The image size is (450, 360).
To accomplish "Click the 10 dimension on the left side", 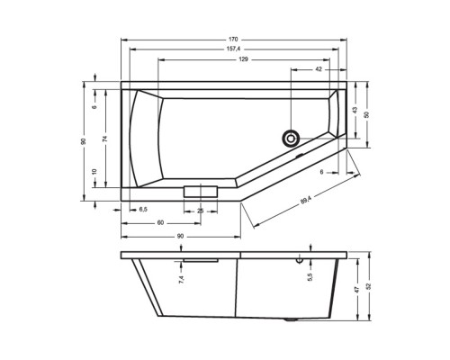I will pos(94,171).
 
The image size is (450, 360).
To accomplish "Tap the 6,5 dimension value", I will pos(143,209).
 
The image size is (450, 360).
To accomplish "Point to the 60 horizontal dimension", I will pos(159,220).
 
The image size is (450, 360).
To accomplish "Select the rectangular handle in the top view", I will pos(201,192).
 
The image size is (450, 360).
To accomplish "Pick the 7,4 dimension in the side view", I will pos(180,280).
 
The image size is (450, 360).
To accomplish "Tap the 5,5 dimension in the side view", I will pos(310,277).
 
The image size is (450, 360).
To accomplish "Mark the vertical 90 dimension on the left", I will pos(83,141).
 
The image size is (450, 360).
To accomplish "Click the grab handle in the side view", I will pos(201,259).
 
